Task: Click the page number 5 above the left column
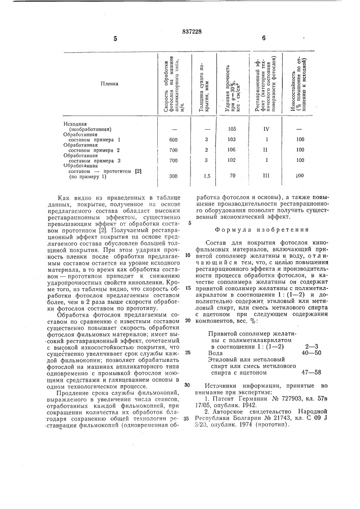coord(115,38)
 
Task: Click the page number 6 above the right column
coord(264,38)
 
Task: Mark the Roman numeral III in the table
coord(266,175)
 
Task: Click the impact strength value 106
coord(232,150)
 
